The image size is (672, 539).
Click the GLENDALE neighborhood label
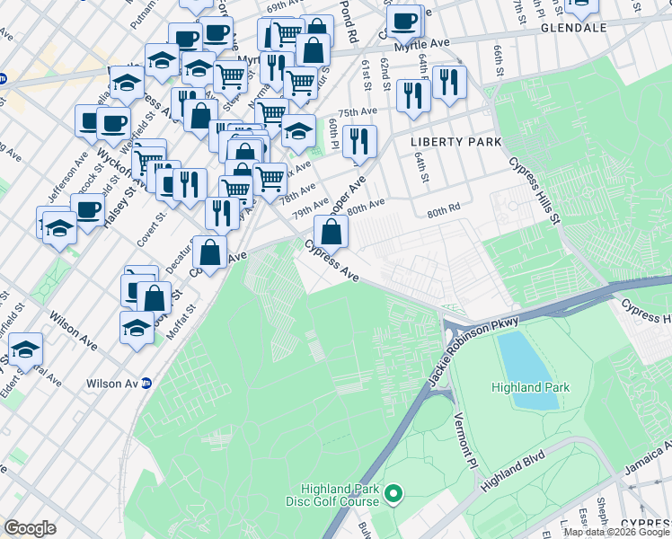click(x=575, y=28)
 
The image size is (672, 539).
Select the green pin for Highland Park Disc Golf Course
click(x=393, y=493)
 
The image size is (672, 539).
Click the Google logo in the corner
click(x=30, y=528)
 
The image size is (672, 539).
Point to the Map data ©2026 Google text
click(x=616, y=532)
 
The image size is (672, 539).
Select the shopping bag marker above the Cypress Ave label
click(x=332, y=231)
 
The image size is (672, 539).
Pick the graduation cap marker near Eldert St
click(x=25, y=349)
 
